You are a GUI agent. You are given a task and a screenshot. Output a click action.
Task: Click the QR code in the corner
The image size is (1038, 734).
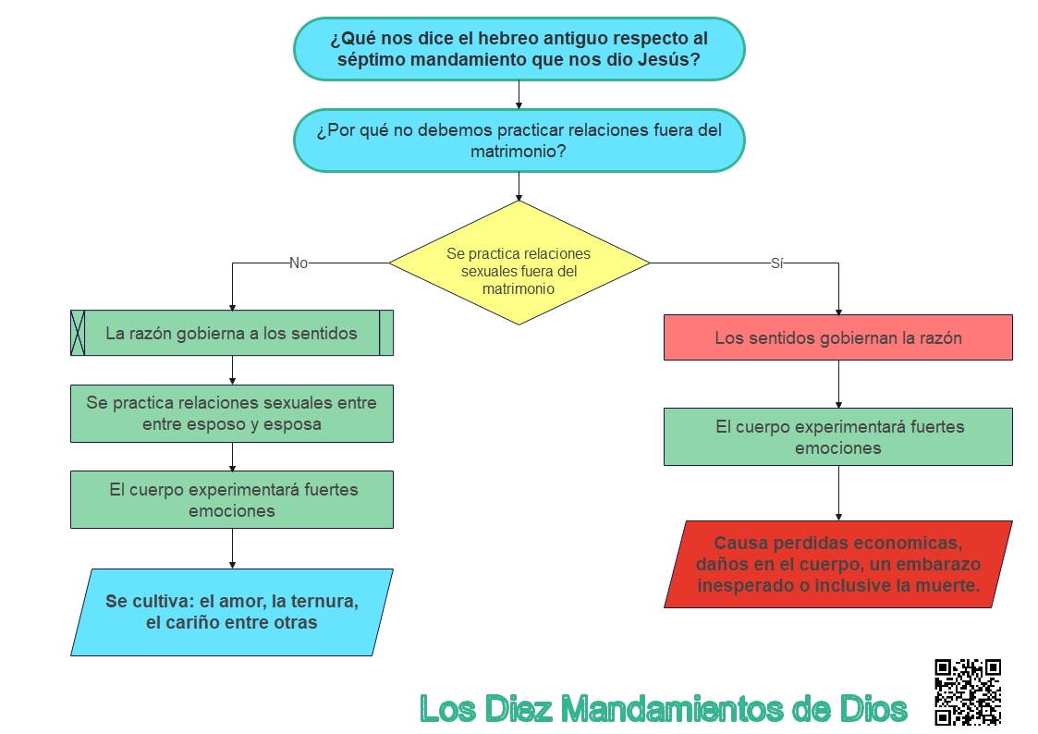pyautogui.click(x=967, y=691)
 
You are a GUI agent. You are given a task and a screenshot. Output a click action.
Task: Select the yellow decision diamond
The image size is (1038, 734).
pyautogui.click(x=519, y=263)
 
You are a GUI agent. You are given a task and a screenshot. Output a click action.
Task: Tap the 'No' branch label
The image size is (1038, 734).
pyautogui.click(x=299, y=263)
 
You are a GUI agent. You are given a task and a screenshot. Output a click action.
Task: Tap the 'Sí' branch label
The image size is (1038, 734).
pyautogui.click(x=776, y=263)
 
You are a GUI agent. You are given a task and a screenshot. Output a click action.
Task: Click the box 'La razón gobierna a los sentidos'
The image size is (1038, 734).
pyautogui.click(x=232, y=333)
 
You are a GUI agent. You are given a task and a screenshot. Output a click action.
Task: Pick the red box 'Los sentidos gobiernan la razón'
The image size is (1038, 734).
pyautogui.click(x=837, y=337)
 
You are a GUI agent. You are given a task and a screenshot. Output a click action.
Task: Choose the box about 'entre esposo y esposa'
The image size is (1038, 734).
pyautogui.click(x=232, y=413)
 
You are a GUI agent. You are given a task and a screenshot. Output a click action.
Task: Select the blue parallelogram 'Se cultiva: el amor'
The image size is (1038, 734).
pyautogui.click(x=231, y=612)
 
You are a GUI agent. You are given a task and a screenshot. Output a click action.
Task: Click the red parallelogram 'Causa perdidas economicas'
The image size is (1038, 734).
pyautogui.click(x=837, y=564)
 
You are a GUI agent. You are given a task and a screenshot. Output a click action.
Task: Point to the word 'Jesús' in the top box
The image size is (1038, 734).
pyautogui.click(x=667, y=61)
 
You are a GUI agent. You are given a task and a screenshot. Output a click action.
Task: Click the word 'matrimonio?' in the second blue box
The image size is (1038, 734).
pyautogui.click(x=519, y=152)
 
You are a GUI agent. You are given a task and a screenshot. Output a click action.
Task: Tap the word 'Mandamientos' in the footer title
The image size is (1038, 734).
pyautogui.click(x=671, y=709)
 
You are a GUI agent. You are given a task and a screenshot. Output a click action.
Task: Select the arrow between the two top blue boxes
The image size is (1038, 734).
pyautogui.click(x=519, y=94)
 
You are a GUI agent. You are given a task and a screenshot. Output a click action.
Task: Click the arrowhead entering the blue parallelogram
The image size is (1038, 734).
pyautogui.click(x=232, y=563)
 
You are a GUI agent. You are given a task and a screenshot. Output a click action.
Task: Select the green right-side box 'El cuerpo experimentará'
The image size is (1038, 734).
pyautogui.click(x=837, y=436)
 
